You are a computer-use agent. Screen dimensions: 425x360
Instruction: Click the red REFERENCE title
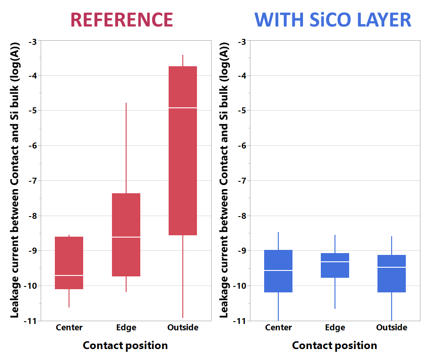122,20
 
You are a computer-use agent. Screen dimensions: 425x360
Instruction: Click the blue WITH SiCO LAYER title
333,20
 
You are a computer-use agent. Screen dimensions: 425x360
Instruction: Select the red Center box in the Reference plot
69,263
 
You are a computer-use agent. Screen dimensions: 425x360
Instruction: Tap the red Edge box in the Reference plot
126,234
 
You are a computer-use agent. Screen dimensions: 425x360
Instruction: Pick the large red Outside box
183,151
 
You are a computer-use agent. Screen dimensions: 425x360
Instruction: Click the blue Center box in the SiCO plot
278,271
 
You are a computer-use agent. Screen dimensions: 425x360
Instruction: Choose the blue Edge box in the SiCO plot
335,265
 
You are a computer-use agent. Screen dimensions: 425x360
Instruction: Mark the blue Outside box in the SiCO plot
392,273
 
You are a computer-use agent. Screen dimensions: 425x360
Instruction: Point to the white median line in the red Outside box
183,108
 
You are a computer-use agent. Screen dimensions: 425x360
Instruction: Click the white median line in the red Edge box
126,237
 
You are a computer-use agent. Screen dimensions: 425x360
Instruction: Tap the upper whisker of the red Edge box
126,148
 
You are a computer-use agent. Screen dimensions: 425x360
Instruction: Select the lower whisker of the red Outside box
183,276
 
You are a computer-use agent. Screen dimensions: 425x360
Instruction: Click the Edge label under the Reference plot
126,328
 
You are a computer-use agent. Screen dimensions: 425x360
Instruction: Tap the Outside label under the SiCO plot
392,328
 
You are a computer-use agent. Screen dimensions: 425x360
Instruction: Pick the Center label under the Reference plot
69,328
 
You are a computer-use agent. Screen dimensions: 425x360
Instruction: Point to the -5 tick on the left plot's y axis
33,111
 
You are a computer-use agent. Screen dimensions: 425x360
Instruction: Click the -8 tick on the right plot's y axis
242,216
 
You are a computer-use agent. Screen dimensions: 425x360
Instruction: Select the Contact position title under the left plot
125,345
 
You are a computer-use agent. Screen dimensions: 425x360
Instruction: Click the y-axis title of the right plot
224,180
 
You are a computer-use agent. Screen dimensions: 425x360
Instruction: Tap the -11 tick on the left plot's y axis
30,321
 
